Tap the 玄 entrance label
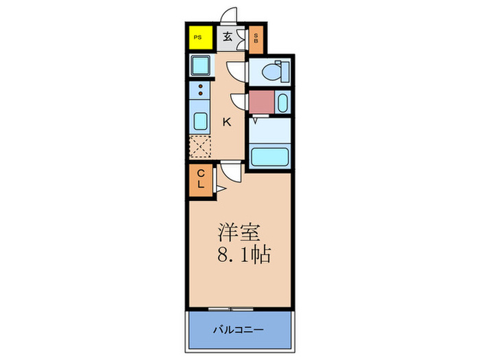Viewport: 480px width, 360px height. coord(227,38)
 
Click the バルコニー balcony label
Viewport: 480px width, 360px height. coord(239,330)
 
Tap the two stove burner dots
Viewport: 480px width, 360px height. coord(200,90)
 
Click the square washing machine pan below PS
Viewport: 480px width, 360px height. coord(202,67)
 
